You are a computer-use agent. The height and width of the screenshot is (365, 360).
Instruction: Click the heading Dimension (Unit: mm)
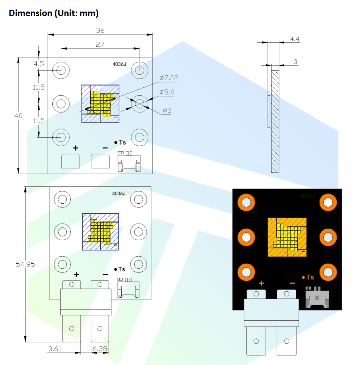coord(53,13)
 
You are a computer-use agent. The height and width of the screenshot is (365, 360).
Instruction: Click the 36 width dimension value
coord(100,30)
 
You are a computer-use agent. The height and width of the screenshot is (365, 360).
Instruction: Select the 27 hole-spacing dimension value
coord(100,44)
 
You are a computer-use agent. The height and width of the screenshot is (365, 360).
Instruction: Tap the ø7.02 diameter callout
coord(169,78)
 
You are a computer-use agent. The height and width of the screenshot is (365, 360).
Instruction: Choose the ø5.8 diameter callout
coord(167,92)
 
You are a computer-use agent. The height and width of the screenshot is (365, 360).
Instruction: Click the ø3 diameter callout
coord(167,111)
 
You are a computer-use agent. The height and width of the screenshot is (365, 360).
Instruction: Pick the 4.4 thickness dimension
coord(295,39)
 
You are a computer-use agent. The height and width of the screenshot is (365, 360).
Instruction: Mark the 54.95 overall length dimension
coord(25,264)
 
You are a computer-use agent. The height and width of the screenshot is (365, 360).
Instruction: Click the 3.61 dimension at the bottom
coord(55,348)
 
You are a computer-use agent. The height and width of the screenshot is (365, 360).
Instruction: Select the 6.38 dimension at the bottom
coord(100,348)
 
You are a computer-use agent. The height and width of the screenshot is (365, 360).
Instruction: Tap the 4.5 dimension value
coord(39,64)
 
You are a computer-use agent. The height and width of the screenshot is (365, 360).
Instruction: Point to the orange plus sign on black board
coord(261,283)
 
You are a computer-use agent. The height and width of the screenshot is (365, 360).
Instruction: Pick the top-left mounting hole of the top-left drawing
coord(61,70)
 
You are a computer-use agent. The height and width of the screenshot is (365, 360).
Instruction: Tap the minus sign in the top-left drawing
coord(105,148)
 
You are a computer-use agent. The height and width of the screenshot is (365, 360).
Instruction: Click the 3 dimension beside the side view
coord(295,62)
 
